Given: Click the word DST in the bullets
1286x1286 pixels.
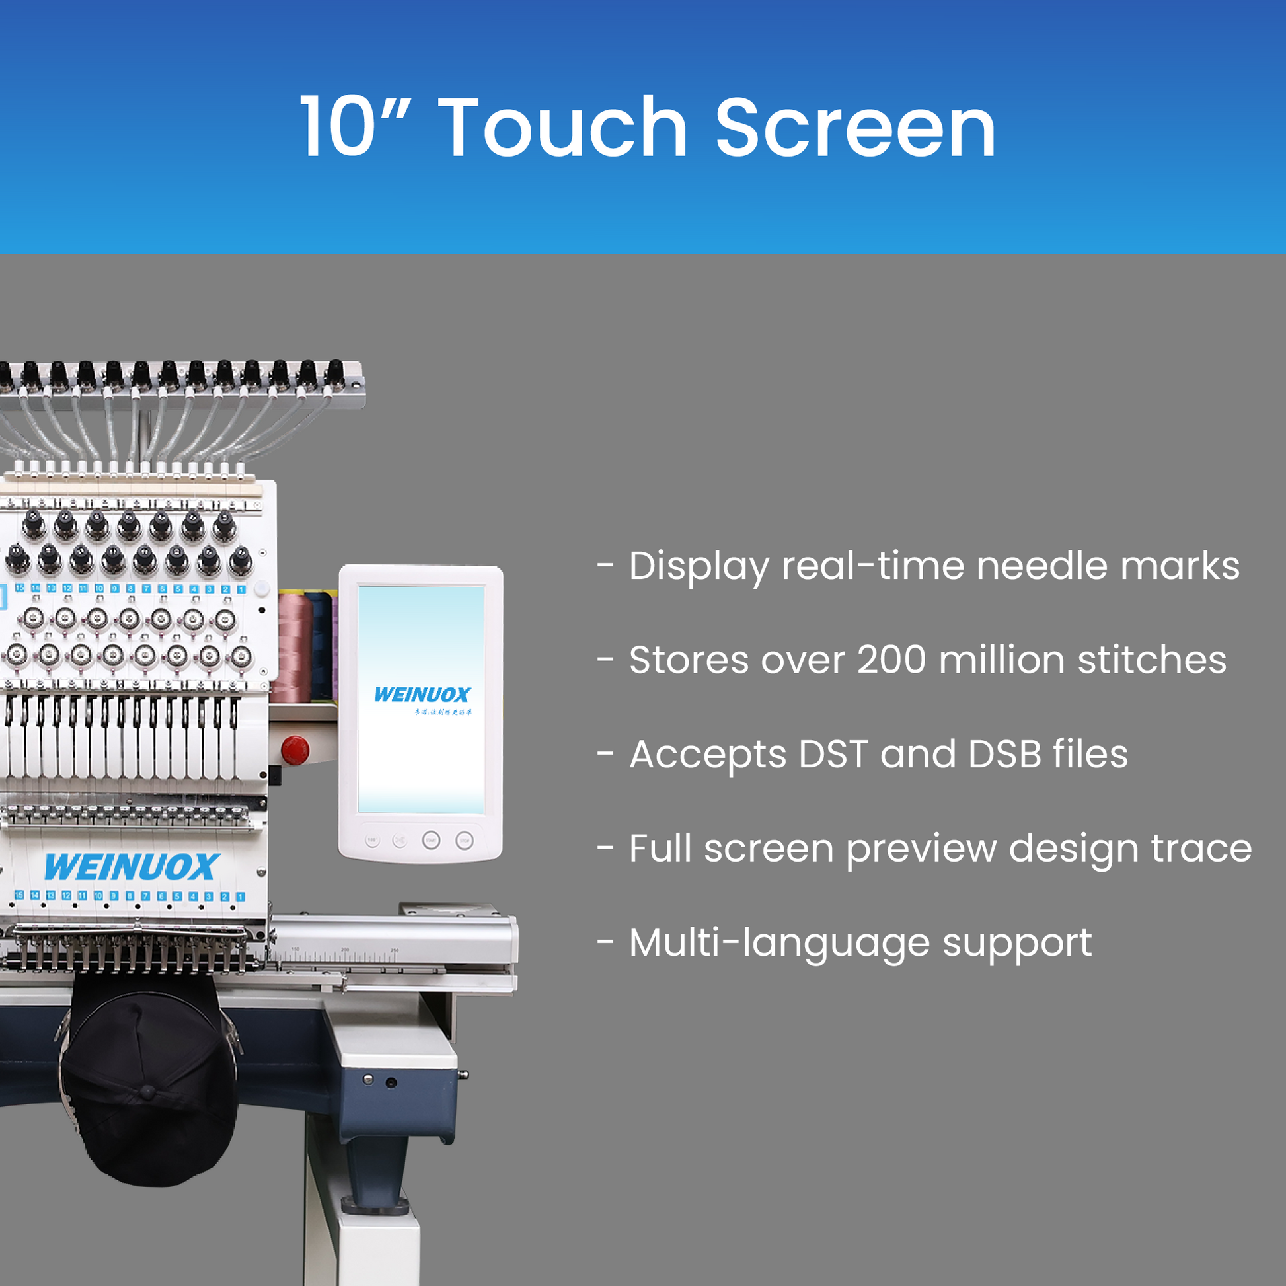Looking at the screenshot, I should click(833, 754).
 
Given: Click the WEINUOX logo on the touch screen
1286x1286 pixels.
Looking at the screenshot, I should click(422, 695).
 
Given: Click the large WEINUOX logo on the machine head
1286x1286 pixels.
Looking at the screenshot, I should click(132, 867).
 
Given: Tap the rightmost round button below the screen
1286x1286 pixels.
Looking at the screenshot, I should click(465, 841).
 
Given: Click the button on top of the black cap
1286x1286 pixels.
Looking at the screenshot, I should click(148, 1092).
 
